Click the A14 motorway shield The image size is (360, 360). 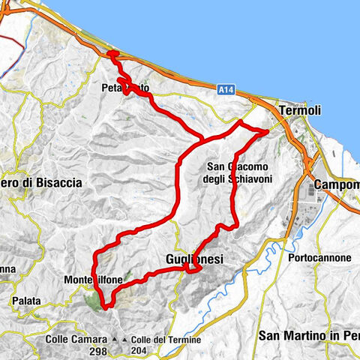tap(225, 90)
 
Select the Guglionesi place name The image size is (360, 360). tap(194, 259)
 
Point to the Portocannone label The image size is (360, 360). tap(319, 258)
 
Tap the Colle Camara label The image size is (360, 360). tap(77, 339)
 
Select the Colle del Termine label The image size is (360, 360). tap(166, 339)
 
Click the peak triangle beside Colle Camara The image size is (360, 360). tap(114, 340)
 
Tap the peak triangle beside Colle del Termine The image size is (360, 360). tap(124, 340)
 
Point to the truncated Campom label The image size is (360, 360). tap(337, 184)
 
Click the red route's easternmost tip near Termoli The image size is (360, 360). tap(268, 131)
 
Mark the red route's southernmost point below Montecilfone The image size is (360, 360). tap(106, 307)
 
